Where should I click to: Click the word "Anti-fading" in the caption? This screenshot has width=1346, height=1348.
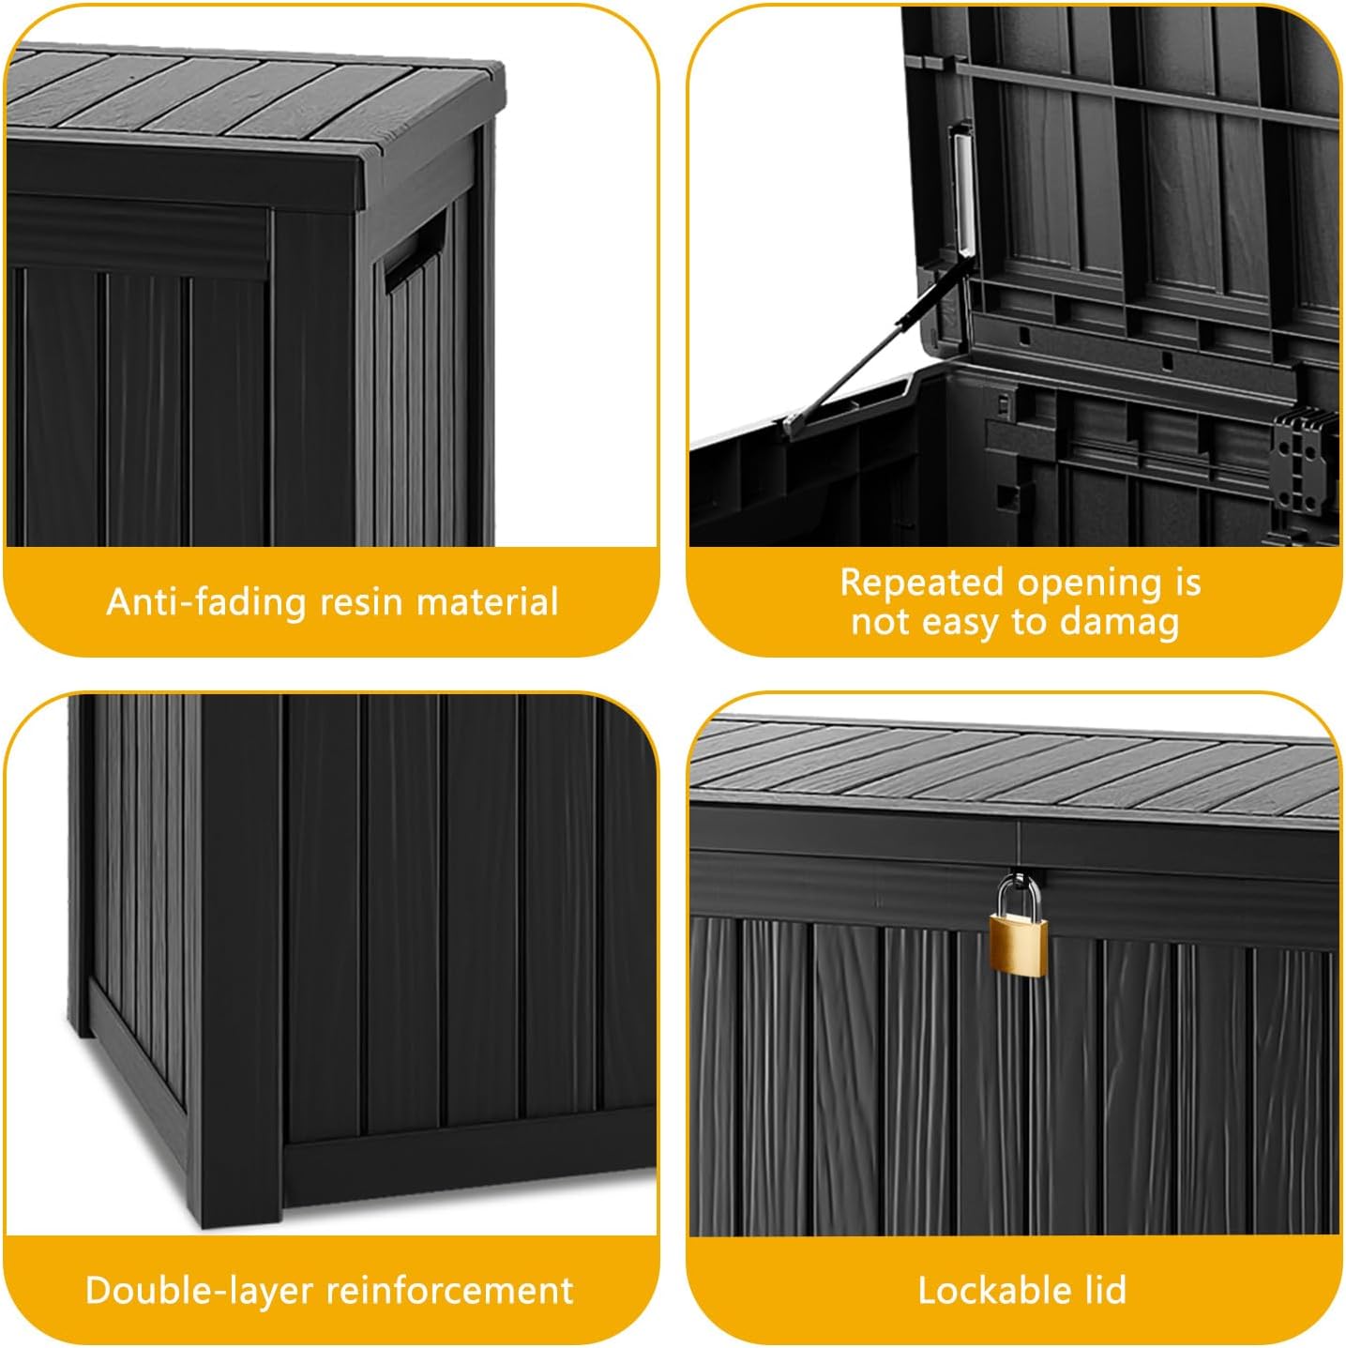click(x=206, y=601)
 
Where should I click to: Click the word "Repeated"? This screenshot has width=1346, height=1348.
click(x=922, y=583)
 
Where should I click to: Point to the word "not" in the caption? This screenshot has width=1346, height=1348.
click(x=880, y=622)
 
